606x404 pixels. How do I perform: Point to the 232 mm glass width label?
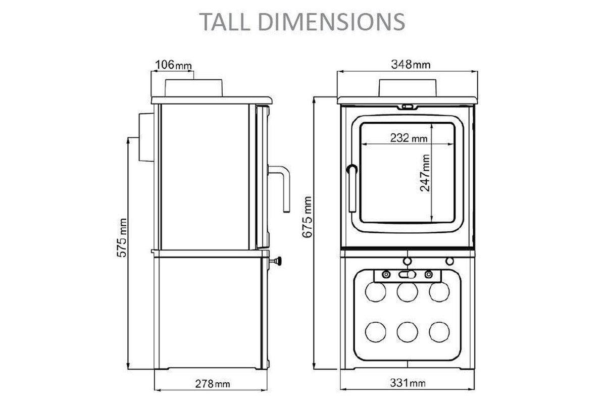click(x=409, y=138)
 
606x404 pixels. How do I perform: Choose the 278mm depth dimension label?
click(x=212, y=383)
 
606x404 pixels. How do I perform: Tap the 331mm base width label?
click(x=408, y=383)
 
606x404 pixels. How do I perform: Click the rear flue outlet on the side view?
click(x=143, y=137)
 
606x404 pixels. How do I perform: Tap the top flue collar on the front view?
click(x=407, y=87)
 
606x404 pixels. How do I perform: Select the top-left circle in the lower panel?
click(x=375, y=292)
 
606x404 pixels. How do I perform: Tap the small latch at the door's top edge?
click(x=407, y=107)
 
